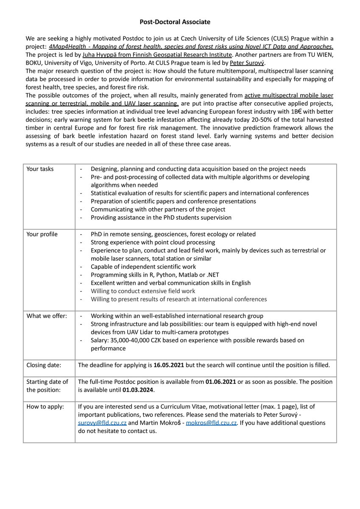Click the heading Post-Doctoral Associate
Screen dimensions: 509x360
pyautogui.click(x=175, y=21)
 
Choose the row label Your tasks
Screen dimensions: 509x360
pyautogui.click(x=40, y=169)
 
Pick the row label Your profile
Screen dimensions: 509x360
pyautogui.click(x=42, y=234)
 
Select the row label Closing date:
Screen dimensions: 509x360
pyautogui.click(x=44, y=365)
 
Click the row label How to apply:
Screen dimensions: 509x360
pyautogui.click(x=45, y=406)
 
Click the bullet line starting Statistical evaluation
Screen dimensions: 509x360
pyautogui.click(x=200, y=193)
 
